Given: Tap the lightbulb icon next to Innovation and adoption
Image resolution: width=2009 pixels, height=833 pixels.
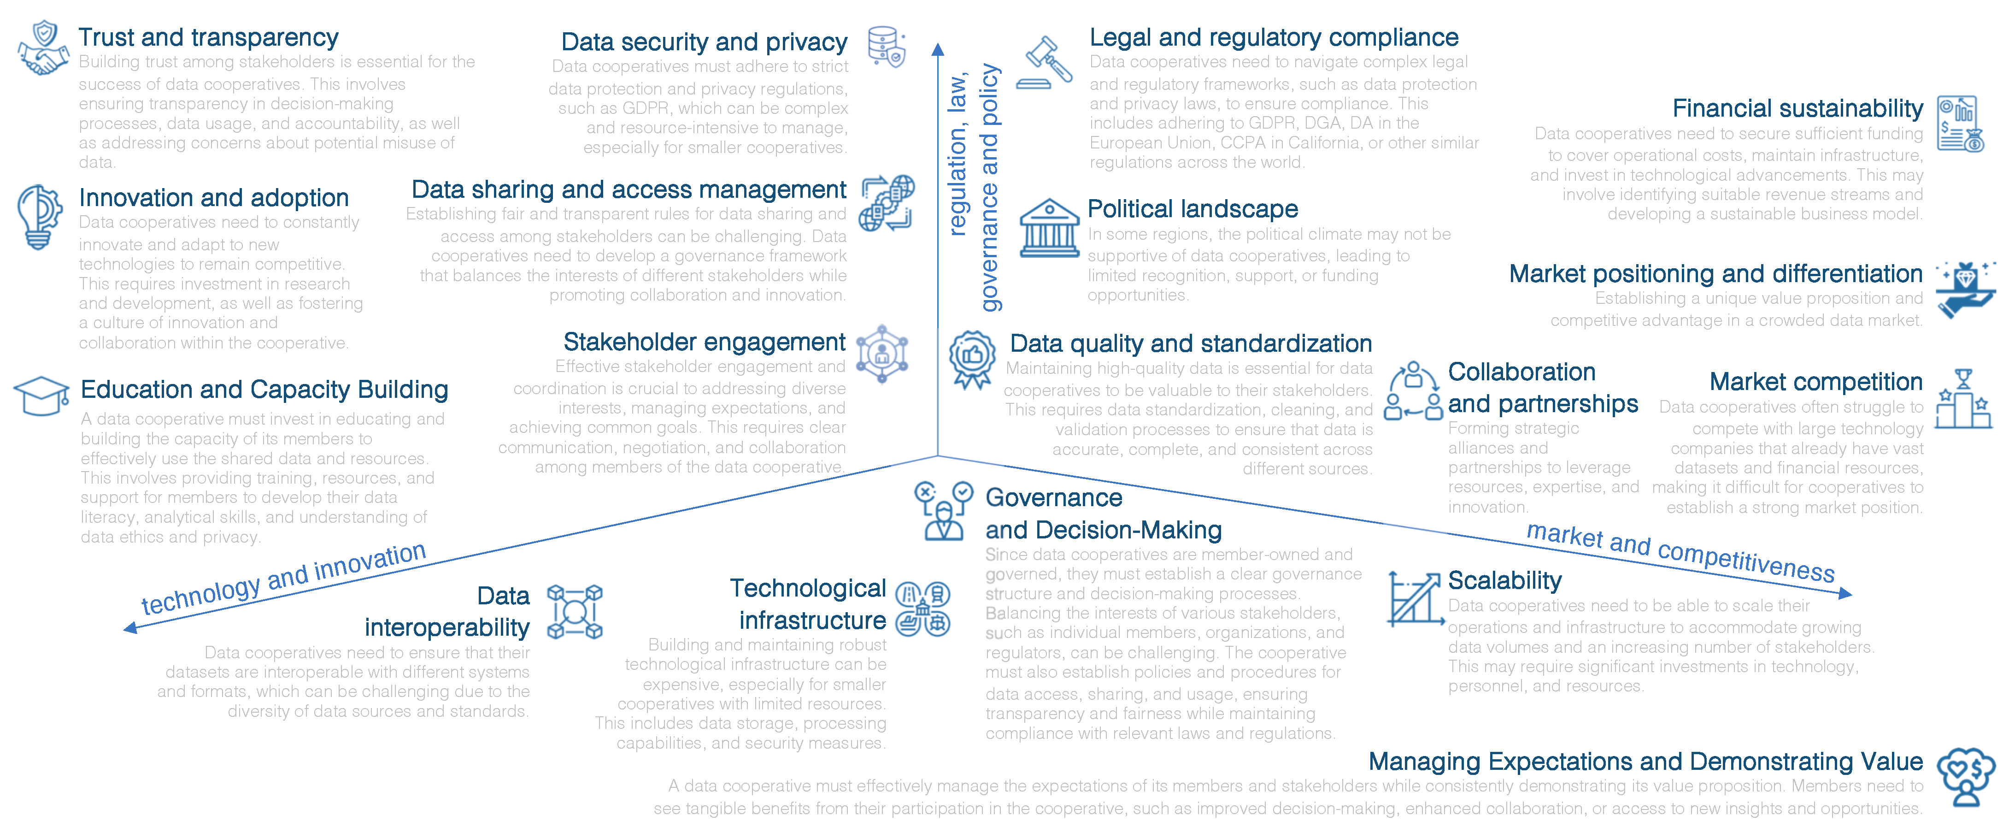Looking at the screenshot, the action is click(39, 216).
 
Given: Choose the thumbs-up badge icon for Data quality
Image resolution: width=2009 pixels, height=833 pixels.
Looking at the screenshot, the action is click(972, 359).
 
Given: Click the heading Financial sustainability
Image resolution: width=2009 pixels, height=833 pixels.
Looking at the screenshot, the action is click(1797, 108).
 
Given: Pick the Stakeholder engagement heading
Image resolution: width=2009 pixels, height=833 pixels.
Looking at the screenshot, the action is click(704, 342).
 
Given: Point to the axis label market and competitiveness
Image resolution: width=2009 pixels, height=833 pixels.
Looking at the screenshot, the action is click(1680, 552).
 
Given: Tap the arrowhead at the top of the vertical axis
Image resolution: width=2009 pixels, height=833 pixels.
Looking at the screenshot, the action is click(938, 49).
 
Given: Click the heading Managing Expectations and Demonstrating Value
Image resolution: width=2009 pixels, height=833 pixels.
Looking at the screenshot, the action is click(1645, 761).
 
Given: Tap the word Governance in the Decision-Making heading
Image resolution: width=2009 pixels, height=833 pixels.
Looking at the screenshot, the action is click(1054, 497).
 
